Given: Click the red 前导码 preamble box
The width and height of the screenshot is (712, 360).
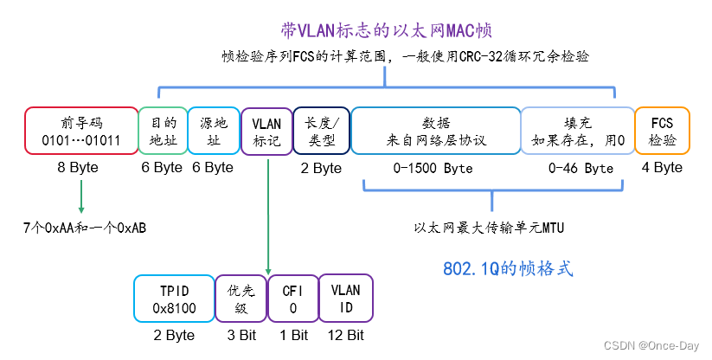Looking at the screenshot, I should coord(80,131).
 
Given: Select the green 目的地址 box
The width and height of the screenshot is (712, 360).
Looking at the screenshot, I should coord(163,131).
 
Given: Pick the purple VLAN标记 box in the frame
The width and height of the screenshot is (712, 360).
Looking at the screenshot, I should coord(266,131).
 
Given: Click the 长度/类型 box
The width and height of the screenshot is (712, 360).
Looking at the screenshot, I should coord(321,131).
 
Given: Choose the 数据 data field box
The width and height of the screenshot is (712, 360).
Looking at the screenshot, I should coord(435,131).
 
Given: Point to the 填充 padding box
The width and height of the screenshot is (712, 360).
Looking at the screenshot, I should coord(576,131).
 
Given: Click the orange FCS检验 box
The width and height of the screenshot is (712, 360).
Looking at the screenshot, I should coord(662,131).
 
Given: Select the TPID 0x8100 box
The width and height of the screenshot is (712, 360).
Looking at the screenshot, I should coord(174,299).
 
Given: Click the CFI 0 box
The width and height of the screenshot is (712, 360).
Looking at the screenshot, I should coord(293,299).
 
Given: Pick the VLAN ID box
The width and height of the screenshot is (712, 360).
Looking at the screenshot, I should coord(344,299).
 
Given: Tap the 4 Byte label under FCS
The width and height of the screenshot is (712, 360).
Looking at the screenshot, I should coord(662,168).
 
